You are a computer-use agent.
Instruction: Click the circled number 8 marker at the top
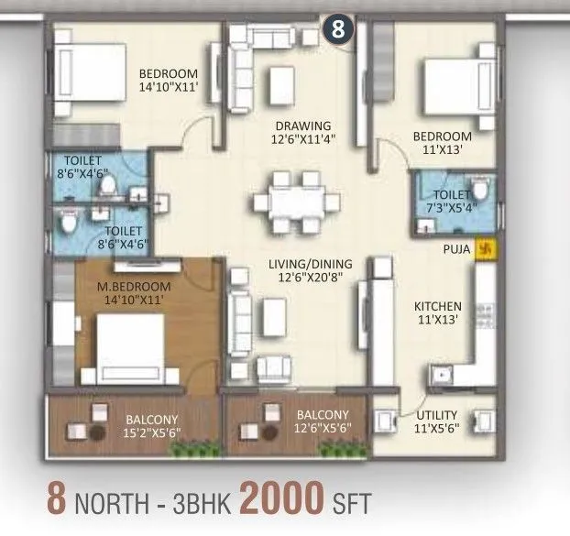[x=337, y=27]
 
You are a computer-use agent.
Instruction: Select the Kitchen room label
[x=437, y=306]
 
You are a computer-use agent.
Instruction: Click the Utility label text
[x=436, y=414]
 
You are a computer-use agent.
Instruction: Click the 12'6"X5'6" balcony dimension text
[x=322, y=427]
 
